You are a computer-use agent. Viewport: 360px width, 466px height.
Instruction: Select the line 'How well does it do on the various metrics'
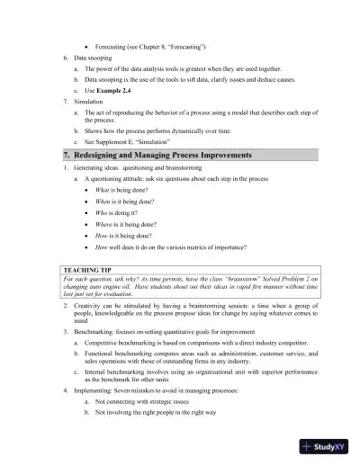tap(171, 246)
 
